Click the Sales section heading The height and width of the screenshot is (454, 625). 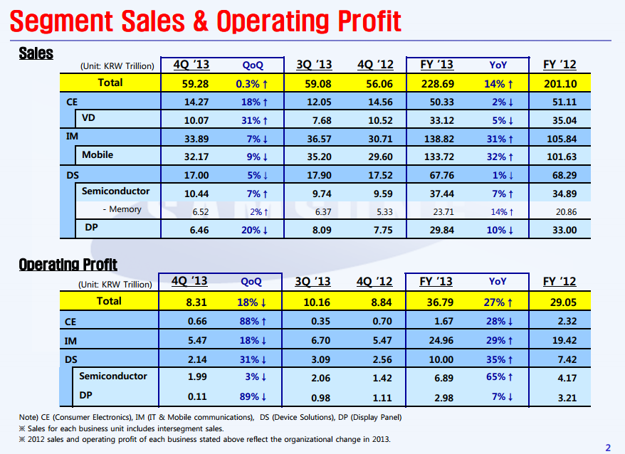(36, 53)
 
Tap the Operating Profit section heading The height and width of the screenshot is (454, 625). (68, 265)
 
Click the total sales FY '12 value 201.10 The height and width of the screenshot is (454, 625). (560, 83)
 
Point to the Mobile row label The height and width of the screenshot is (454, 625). (98, 154)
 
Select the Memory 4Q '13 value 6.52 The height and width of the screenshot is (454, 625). (197, 210)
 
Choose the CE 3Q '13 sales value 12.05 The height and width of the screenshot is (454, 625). (314, 102)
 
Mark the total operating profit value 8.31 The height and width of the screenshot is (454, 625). (196, 302)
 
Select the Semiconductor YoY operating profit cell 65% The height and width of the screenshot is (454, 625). (498, 377)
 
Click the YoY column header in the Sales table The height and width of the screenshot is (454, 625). (498, 65)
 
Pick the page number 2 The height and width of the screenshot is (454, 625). (607, 447)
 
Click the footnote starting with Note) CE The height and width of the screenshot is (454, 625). (210, 417)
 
